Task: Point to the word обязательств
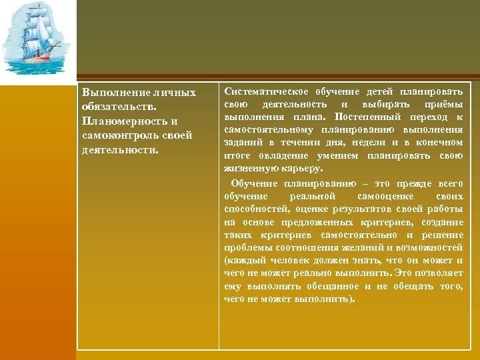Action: pos(114,107)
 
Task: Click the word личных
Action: pos(176,92)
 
